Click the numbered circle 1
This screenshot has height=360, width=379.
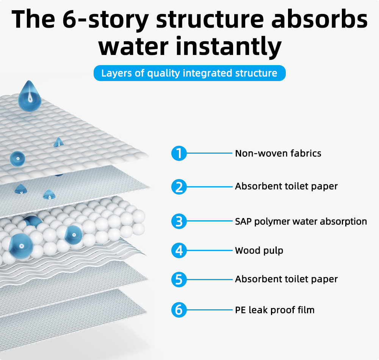click(179, 153)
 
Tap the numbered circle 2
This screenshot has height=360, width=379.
click(179, 187)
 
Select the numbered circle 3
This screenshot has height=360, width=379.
click(179, 221)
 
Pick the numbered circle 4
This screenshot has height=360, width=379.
click(179, 250)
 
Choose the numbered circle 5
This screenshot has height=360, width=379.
click(179, 279)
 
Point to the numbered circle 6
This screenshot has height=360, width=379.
click(179, 310)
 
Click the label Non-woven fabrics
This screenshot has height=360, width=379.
click(278, 153)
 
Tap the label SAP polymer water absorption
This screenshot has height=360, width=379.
click(301, 222)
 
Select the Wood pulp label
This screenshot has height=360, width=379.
click(259, 251)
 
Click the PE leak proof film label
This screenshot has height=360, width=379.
click(274, 310)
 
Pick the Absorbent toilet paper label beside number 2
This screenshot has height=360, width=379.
click(286, 186)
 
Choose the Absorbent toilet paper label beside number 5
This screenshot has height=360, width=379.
click(286, 279)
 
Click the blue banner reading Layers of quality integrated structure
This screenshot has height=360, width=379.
click(189, 73)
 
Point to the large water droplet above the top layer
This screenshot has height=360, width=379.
click(30, 96)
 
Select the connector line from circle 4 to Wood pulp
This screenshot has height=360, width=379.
click(209, 250)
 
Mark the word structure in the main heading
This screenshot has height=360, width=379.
click(210, 19)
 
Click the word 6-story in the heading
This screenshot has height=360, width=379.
click(106, 20)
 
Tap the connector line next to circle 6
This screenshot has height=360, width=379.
click(209, 310)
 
